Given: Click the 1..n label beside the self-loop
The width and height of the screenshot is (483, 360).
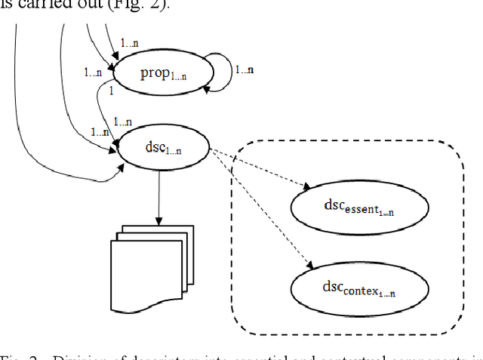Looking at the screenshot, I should (244, 70).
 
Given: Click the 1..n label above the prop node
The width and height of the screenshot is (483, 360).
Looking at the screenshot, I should (131, 45).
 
